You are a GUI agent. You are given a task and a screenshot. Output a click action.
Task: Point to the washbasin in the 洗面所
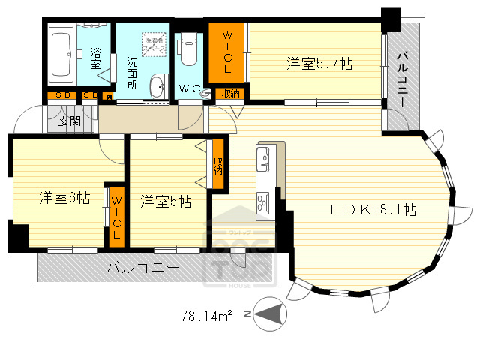pos(157,88)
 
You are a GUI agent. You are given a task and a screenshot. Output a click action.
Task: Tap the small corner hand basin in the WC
pos(205,88)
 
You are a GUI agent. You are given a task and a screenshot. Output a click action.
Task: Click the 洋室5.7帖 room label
pos(319,64)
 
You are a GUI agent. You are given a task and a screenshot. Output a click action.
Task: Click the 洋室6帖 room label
pos(64,198)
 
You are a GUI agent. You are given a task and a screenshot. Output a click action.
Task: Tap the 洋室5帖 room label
pos(165,201)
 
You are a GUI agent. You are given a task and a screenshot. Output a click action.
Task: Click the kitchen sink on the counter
pos(264,159)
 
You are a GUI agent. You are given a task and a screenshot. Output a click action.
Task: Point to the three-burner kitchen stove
pos(264,202)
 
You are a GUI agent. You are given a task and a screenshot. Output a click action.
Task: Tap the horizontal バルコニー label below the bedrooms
pos(142,268)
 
